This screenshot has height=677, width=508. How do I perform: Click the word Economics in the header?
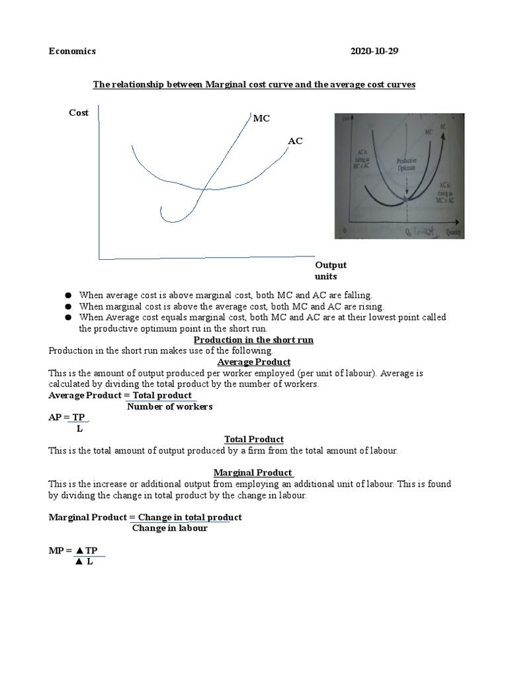click(x=72, y=51)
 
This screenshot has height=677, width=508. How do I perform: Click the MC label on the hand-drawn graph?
click(x=262, y=118)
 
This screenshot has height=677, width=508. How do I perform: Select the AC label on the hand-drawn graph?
click(x=295, y=141)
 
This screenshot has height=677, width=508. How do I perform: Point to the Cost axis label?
click(x=79, y=112)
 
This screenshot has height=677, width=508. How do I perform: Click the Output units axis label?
click(x=335, y=270)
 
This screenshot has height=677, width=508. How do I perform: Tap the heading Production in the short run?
click(x=253, y=340)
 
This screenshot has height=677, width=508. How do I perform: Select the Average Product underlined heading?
click(x=254, y=362)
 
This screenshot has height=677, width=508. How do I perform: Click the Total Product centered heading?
click(x=254, y=439)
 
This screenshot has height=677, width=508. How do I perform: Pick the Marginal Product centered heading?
click(x=253, y=473)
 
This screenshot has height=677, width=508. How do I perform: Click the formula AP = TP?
click(x=68, y=418)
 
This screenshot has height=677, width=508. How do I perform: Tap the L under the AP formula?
click(x=79, y=428)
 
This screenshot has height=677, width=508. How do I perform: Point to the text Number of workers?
click(x=170, y=407)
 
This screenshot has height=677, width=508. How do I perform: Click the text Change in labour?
click(x=170, y=528)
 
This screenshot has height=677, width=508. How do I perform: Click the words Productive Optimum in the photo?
click(x=406, y=165)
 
